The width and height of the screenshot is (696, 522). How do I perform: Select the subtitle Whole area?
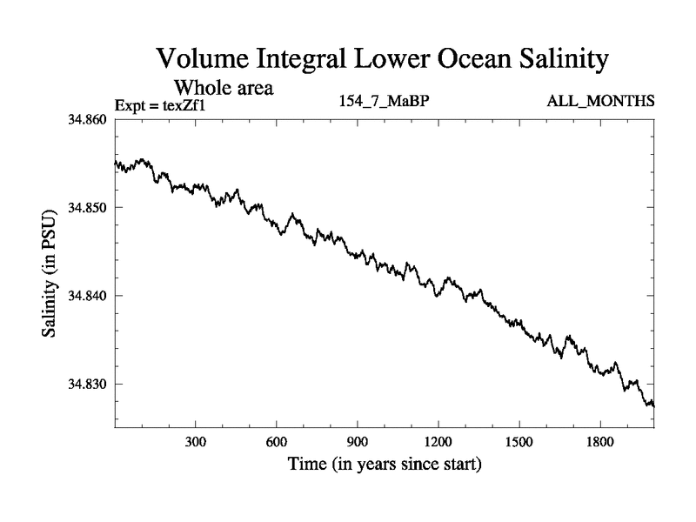[x=225, y=88]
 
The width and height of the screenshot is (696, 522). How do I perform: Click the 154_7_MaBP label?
[x=385, y=102]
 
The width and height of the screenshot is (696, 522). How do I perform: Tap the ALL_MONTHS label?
[x=600, y=102]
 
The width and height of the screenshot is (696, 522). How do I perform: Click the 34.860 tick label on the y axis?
[x=88, y=119]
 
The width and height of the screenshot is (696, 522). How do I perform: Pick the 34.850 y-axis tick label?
[x=88, y=207]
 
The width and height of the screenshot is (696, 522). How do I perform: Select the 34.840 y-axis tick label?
[x=88, y=296]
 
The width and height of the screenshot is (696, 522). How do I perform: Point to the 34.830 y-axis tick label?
[x=88, y=384]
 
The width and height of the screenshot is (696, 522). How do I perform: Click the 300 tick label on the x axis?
[x=196, y=442]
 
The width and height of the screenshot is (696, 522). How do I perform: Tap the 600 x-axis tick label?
[x=277, y=442]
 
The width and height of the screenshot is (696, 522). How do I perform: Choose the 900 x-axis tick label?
[x=358, y=442]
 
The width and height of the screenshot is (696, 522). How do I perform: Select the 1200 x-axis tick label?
[x=438, y=442]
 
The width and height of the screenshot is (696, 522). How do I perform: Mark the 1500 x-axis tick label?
[x=519, y=442]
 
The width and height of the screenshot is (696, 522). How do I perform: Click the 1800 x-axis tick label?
[x=600, y=442]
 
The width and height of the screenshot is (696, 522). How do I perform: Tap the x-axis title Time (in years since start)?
[x=385, y=465]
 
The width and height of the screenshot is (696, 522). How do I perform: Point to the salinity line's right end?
[x=653, y=405]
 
